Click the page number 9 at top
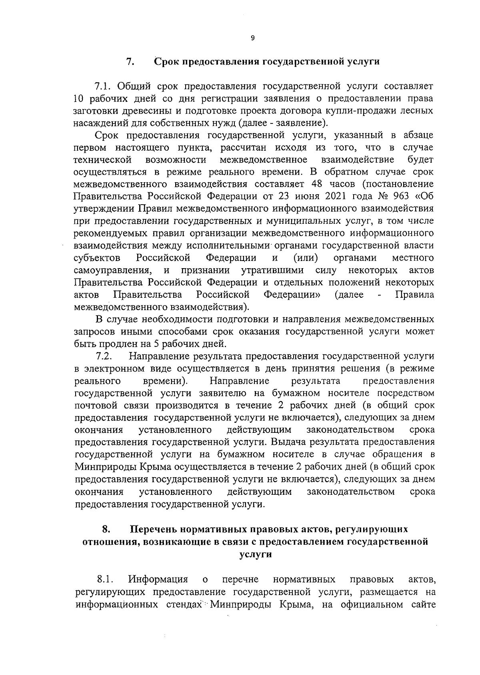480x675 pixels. pos(252,38)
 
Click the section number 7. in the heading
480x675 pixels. pos(130,62)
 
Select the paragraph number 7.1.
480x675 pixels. pos(103,86)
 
